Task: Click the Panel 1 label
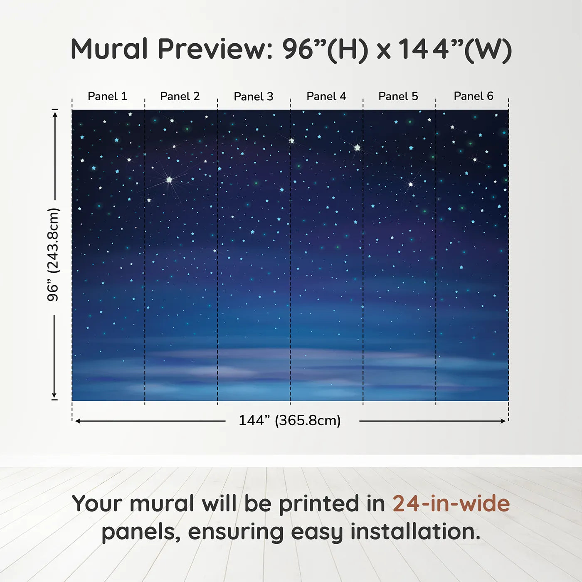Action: click(x=107, y=96)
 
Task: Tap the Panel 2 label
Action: click(x=180, y=96)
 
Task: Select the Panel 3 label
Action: click(x=254, y=96)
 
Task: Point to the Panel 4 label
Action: click(x=326, y=96)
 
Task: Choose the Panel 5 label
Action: click(x=398, y=96)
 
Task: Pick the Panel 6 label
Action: click(x=473, y=96)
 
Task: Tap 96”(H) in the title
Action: click(x=325, y=49)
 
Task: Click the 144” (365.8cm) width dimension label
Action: click(x=290, y=421)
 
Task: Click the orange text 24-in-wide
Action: click(x=451, y=504)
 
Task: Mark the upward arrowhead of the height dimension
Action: click(x=54, y=113)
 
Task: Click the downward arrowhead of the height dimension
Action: click(x=54, y=395)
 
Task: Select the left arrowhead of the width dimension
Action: click(x=78, y=421)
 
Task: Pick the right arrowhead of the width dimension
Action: click(x=503, y=421)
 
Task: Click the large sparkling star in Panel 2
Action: click(x=169, y=180)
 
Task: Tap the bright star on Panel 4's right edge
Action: click(x=357, y=147)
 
